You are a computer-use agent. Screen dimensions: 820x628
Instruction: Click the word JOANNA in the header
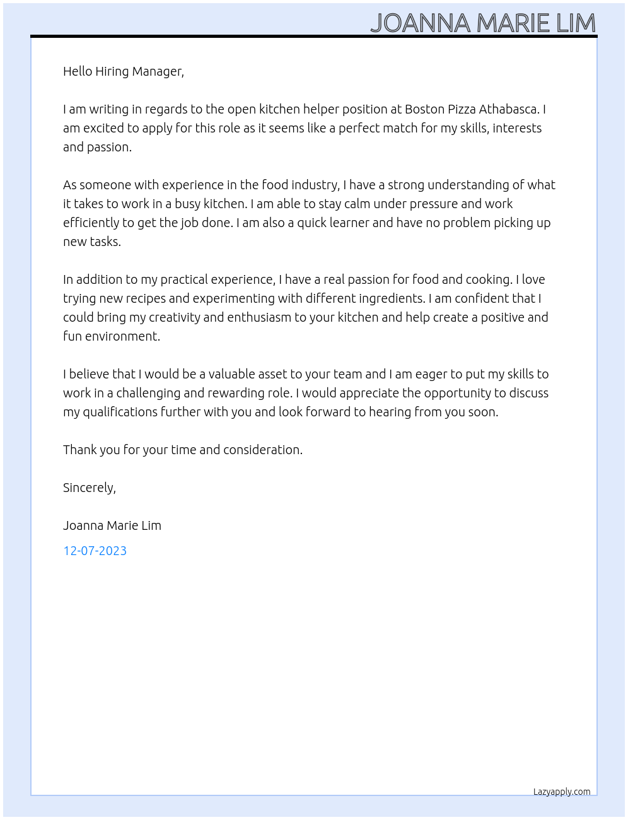click(420, 23)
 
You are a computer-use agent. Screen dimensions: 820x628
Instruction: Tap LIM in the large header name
click(576, 23)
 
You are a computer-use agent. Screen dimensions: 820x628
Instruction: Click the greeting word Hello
click(78, 71)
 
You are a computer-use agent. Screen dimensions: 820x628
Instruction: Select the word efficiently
click(91, 223)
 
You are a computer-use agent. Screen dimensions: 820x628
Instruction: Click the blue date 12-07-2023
click(95, 551)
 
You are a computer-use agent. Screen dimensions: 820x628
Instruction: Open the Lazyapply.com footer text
click(562, 792)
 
